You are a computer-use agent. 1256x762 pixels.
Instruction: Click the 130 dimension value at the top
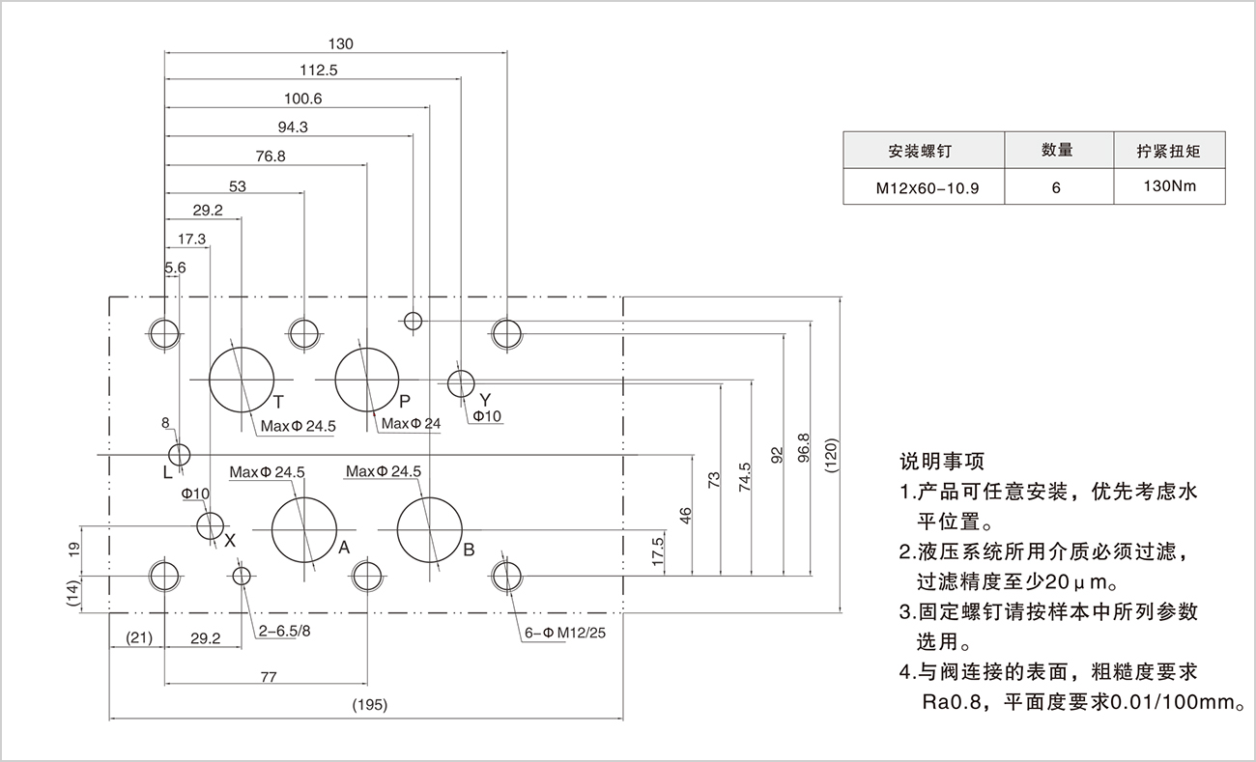point(341,43)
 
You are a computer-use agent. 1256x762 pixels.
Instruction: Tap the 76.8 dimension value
point(271,156)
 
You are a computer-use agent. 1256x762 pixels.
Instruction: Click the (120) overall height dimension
point(833,453)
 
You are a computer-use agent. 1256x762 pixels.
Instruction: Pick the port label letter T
point(277,401)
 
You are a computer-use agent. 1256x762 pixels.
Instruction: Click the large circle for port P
point(367,380)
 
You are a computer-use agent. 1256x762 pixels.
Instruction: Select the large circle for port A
point(303,529)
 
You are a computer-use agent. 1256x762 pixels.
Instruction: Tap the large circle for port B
point(428,529)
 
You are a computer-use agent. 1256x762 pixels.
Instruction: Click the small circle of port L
point(180,454)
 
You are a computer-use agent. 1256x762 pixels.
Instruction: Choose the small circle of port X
point(210,526)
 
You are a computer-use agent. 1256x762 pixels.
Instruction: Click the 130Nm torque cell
point(1169,186)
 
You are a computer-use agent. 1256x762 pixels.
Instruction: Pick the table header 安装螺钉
point(925,152)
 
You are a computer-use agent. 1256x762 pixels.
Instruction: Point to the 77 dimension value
point(269,677)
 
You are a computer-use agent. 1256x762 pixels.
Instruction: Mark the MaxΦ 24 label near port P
point(412,423)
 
